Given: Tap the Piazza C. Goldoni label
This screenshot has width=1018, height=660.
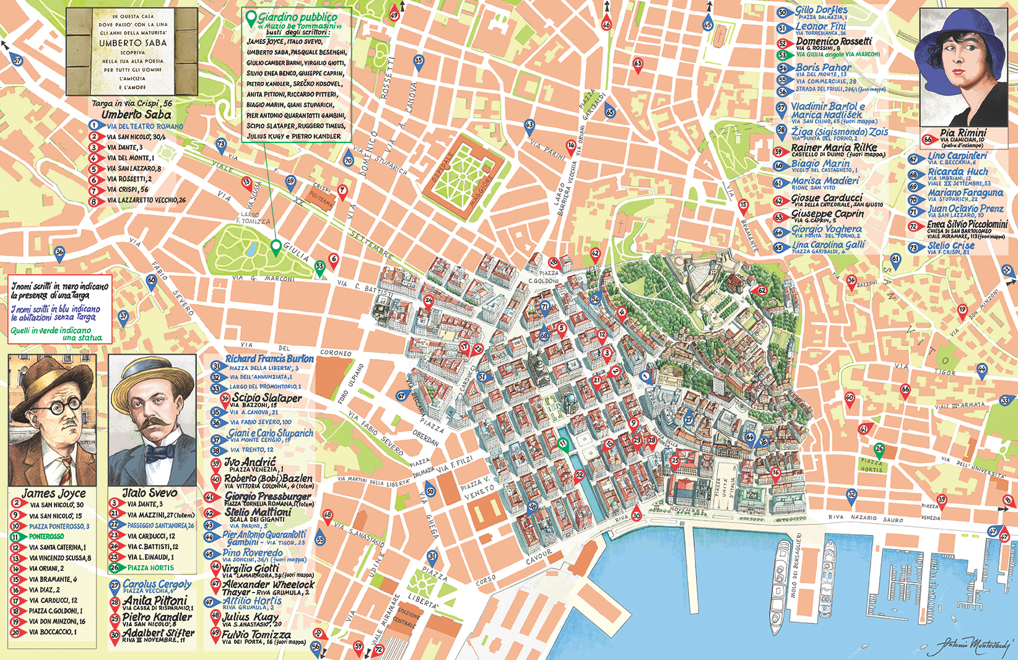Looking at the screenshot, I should coord(543,277).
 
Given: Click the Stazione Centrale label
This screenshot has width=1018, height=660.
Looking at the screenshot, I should coord(407,619).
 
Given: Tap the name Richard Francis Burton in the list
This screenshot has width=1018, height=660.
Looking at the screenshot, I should coord(269,359).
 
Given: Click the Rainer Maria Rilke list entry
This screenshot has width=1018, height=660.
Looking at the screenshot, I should coord(833,148).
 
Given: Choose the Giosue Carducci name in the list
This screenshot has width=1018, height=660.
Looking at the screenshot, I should coord(827,198).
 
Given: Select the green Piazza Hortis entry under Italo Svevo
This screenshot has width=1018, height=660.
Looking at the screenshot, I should coord(150,568).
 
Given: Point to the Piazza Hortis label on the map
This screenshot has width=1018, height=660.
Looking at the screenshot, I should coord(871,466).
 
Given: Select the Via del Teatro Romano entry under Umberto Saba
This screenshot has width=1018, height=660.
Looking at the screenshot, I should coord(145,126).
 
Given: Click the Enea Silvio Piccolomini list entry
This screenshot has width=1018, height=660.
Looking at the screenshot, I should coord(967,225).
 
